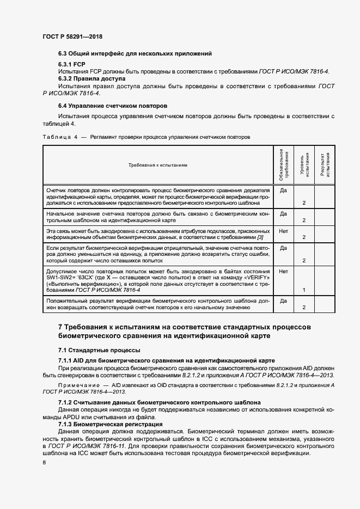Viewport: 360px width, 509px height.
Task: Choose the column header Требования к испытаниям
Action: (x=158, y=165)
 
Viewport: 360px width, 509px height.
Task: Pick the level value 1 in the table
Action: (x=303, y=291)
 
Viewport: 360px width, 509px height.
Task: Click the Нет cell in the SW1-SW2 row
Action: (x=283, y=271)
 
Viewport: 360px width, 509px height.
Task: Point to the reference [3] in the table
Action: (x=260, y=237)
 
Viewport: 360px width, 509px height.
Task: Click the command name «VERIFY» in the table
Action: (x=257, y=278)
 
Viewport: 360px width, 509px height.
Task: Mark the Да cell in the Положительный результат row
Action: (x=283, y=301)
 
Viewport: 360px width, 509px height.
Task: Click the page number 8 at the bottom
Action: (x=44, y=462)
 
